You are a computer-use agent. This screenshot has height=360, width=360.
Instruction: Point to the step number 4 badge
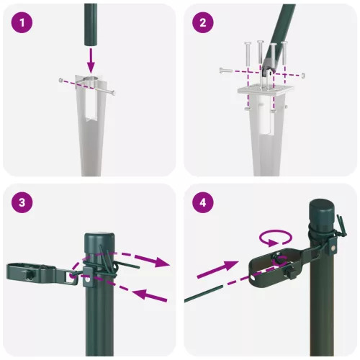pyautogui.click(x=204, y=202)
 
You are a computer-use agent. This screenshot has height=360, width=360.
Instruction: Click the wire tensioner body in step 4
pyautogui.click(x=274, y=266)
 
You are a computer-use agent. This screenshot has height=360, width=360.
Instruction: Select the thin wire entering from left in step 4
pyautogui.click(x=209, y=292)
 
